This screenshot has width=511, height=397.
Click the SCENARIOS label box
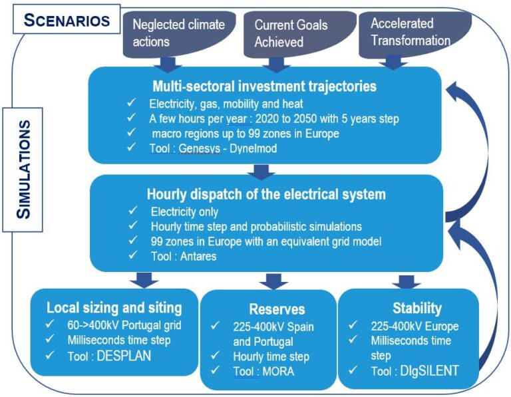pyautogui.click(x=67, y=19)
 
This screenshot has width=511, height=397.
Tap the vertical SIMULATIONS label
pyautogui.click(x=23, y=170)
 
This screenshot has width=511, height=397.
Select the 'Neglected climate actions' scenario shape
pyautogui.click(x=179, y=35)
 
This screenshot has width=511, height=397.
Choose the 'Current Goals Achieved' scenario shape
pyautogui.click(x=300, y=35)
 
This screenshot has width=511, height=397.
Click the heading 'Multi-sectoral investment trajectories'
pyautogui.click(x=265, y=86)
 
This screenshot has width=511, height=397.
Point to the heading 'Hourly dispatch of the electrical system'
pyautogui.click(x=266, y=194)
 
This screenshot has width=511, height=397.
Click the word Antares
pyautogui.click(x=198, y=256)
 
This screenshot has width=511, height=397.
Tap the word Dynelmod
pyautogui.click(x=254, y=148)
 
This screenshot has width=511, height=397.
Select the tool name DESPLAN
pyautogui.click(x=124, y=356)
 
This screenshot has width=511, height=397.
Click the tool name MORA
pyautogui.click(x=278, y=372)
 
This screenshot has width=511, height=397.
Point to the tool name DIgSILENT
pyautogui.click(x=429, y=371)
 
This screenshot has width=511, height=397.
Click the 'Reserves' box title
pyautogui.click(x=277, y=309)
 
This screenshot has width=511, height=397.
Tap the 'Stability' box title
pyautogui.click(x=417, y=308)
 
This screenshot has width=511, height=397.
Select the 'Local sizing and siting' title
pyautogui.click(x=114, y=308)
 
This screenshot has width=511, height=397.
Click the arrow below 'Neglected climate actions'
pyautogui.click(x=168, y=64)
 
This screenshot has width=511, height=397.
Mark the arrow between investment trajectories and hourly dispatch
pyautogui.click(x=261, y=172)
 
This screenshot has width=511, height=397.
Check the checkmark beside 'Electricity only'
pyautogui.click(x=133, y=210)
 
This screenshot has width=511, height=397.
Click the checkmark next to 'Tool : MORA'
pyautogui.click(x=216, y=370)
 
